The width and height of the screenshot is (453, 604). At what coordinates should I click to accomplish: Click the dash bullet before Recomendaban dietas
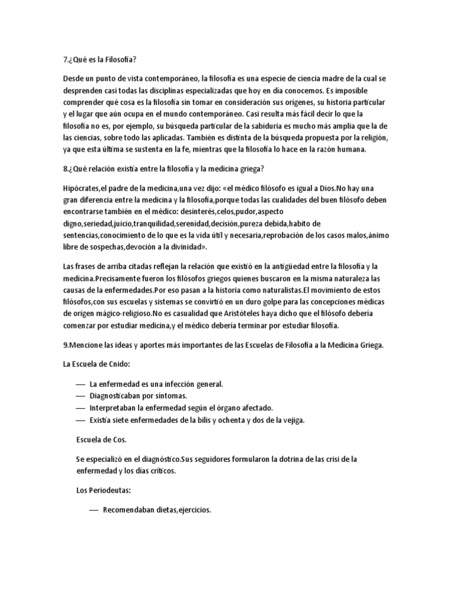click(x=93, y=511)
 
